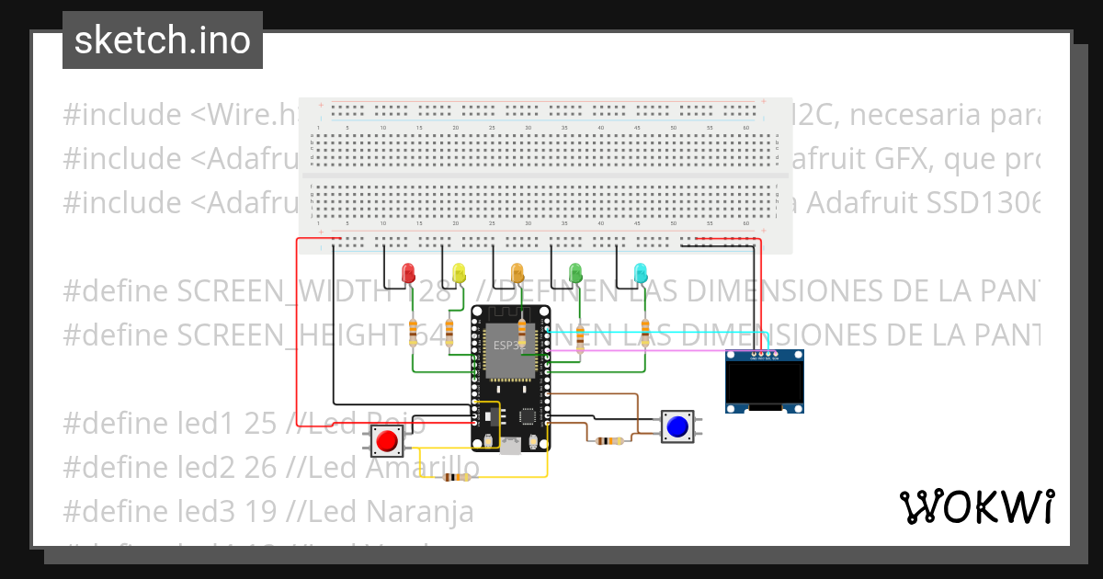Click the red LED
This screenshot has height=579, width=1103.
pos(409,272)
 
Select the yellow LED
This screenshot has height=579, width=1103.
pos(460,272)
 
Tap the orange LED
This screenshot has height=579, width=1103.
pos(517,272)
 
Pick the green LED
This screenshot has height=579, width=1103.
pos(576,272)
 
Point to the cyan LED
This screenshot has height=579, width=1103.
pos(641,272)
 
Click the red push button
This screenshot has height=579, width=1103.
pos(386,442)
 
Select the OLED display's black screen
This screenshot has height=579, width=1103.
pos(765,383)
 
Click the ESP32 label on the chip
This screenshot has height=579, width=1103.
pos(506,346)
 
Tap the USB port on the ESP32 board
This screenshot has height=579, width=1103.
pos(509,446)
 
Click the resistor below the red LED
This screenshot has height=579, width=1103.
pos(413,333)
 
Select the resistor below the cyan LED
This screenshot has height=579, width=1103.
pos(645,333)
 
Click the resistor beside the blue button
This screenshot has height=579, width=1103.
pos(608,440)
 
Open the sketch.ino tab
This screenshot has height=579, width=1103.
pos(163,40)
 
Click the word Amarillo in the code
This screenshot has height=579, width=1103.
pos(422,468)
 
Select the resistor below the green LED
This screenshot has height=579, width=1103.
pos(580,333)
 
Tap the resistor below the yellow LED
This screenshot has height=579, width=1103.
pos(449,333)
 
